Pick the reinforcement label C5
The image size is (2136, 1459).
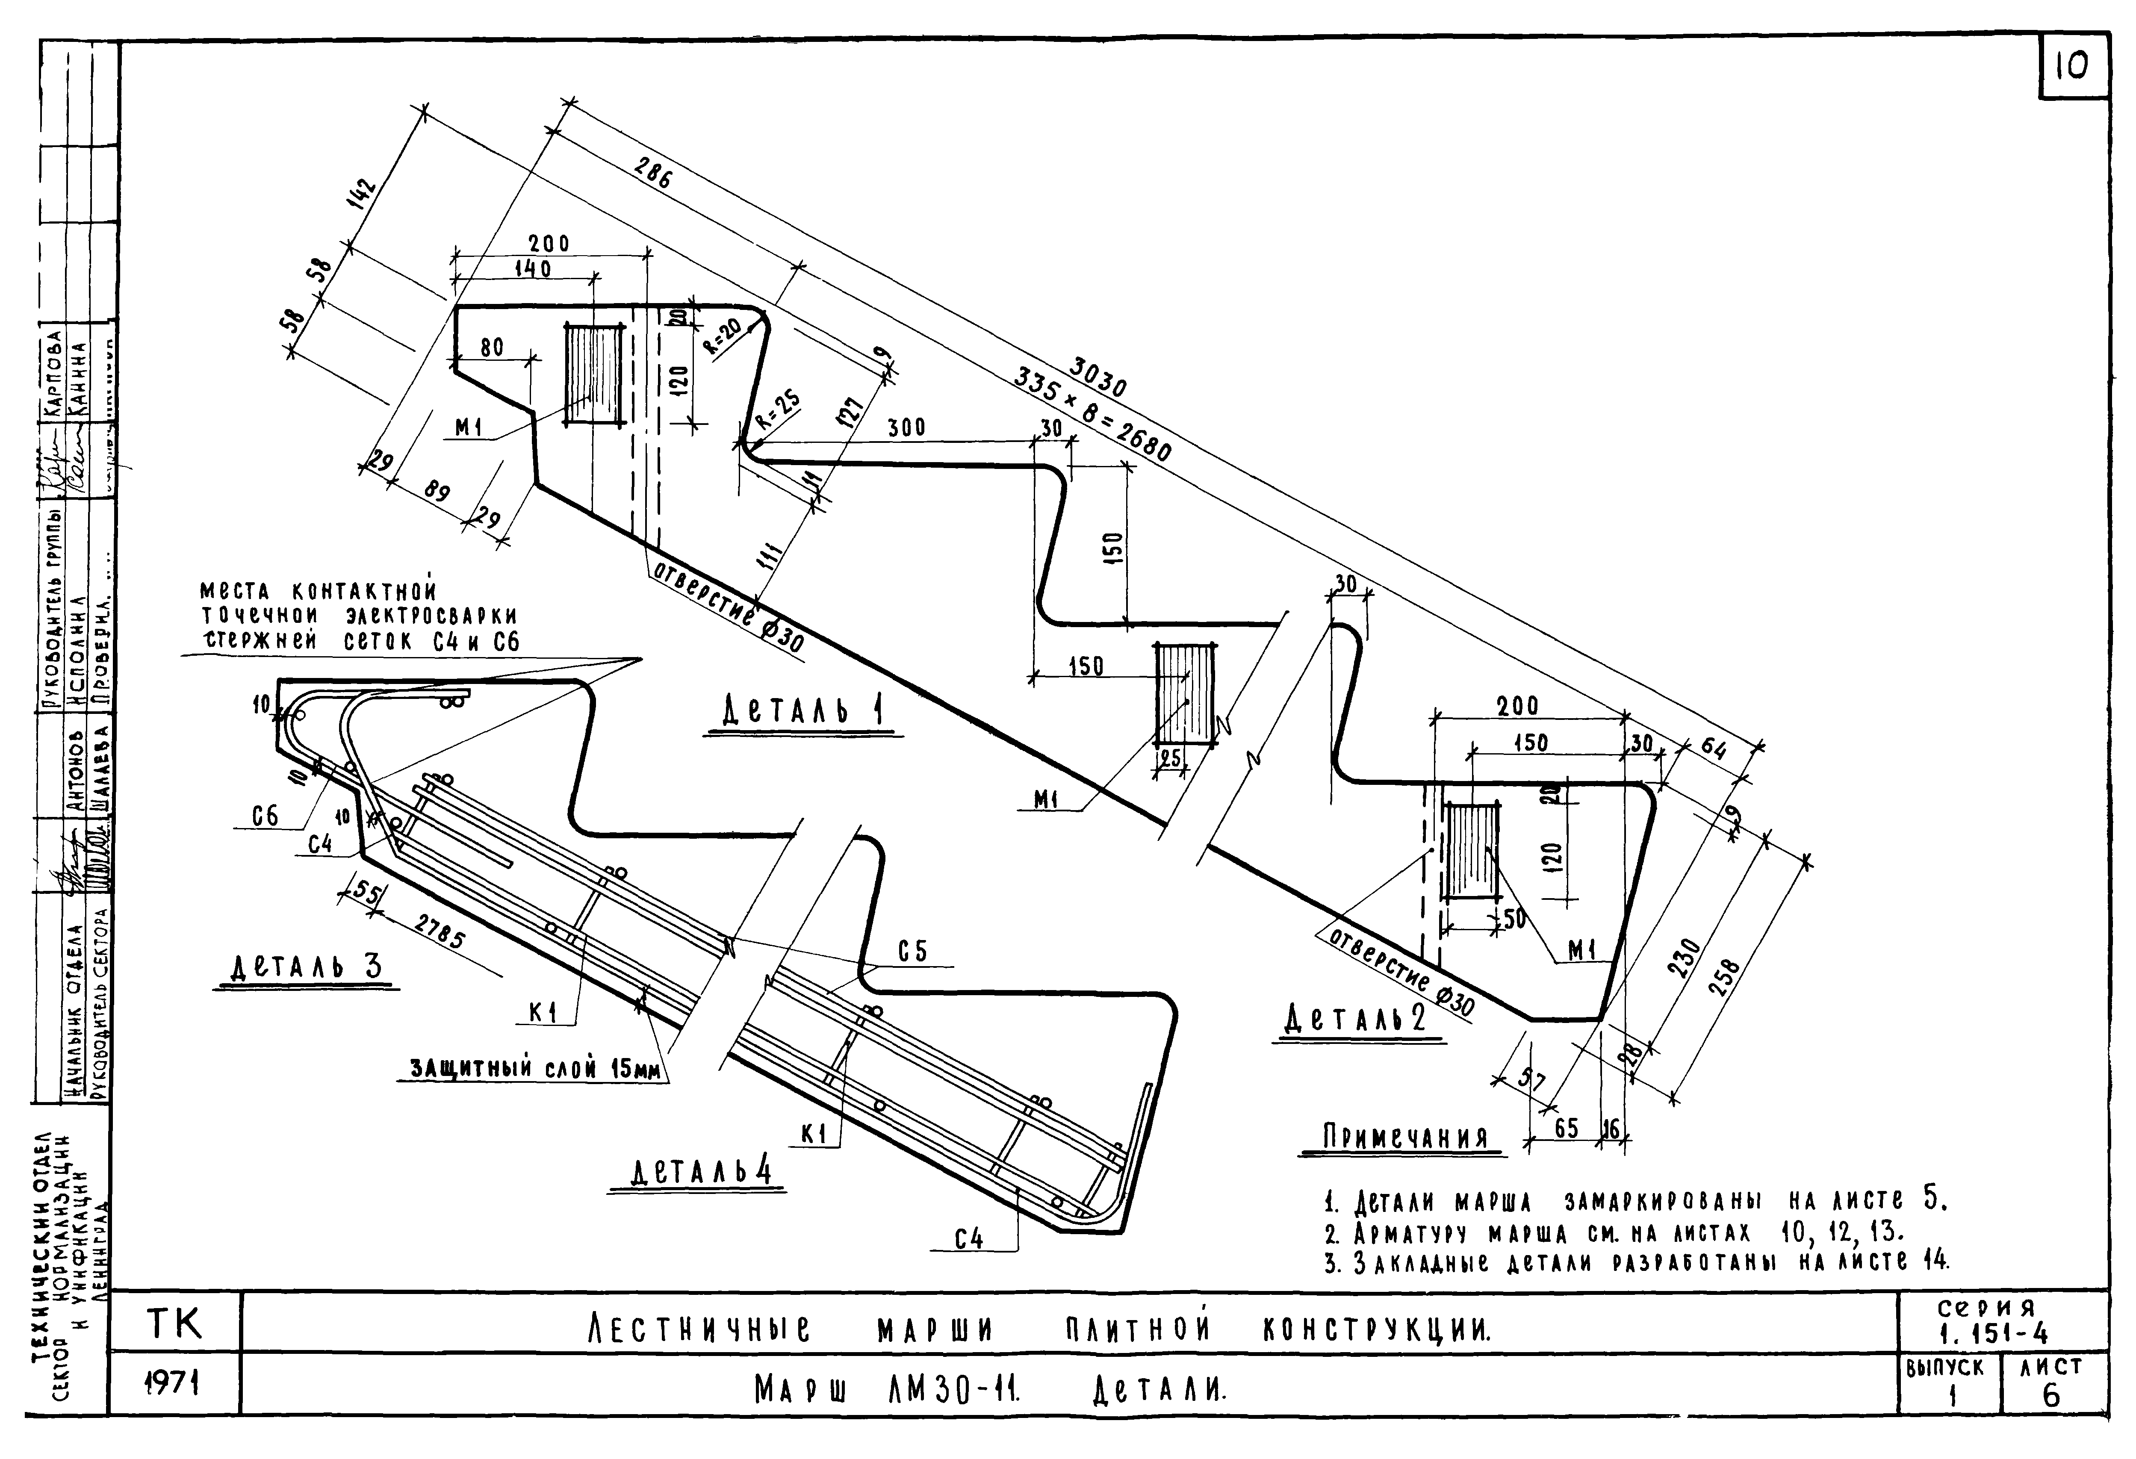pyautogui.click(x=913, y=952)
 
